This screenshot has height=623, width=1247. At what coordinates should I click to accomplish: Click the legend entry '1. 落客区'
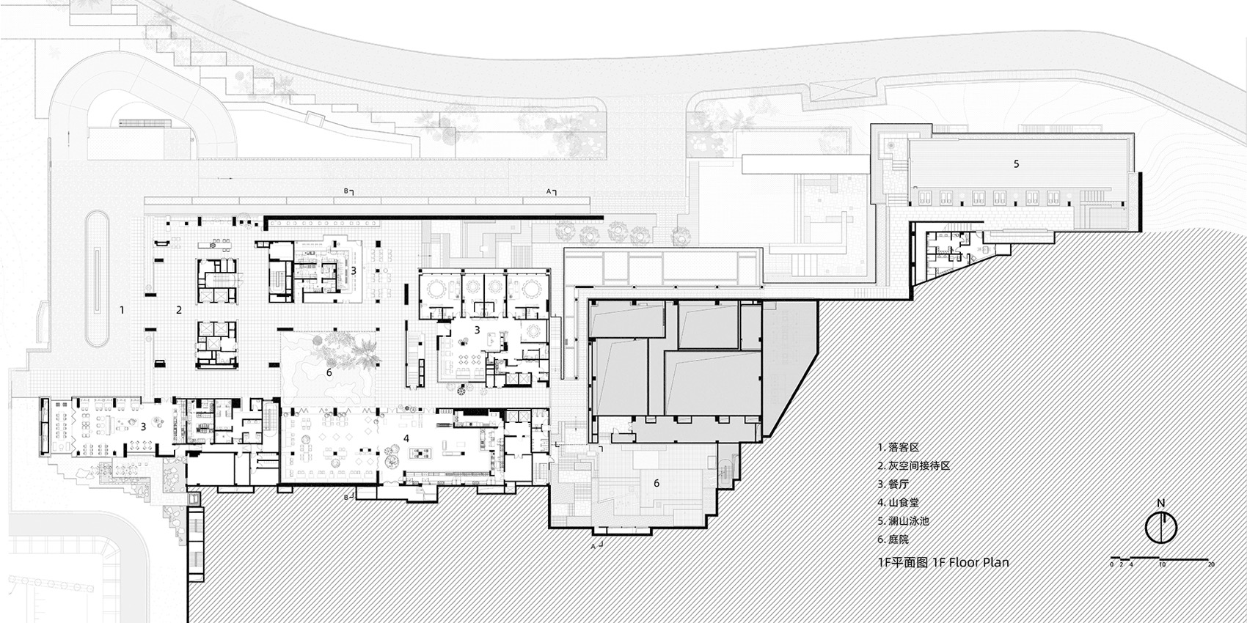click(898, 446)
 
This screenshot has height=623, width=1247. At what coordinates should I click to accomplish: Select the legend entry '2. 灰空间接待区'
click(913, 465)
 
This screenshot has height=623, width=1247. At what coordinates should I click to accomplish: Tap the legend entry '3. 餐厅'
click(893, 484)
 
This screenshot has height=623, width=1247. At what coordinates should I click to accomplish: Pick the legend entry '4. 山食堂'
click(898, 502)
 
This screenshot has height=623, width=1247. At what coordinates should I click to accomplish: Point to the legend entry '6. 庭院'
click(893, 539)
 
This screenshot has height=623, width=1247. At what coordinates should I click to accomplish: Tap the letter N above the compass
click(1160, 503)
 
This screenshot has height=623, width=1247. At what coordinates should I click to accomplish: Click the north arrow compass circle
click(1161, 528)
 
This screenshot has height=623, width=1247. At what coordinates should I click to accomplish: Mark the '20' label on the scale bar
click(1210, 564)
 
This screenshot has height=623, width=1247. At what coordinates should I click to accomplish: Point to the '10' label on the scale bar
click(1162, 564)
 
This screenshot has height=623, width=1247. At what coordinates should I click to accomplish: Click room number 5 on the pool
click(1016, 164)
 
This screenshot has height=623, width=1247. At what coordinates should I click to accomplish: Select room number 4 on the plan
click(406, 438)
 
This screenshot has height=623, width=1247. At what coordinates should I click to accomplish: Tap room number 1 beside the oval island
click(122, 310)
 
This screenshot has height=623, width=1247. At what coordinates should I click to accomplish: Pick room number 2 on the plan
click(178, 310)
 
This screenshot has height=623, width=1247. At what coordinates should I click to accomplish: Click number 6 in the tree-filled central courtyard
click(329, 372)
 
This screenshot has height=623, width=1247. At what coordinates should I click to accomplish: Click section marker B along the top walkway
click(348, 191)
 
